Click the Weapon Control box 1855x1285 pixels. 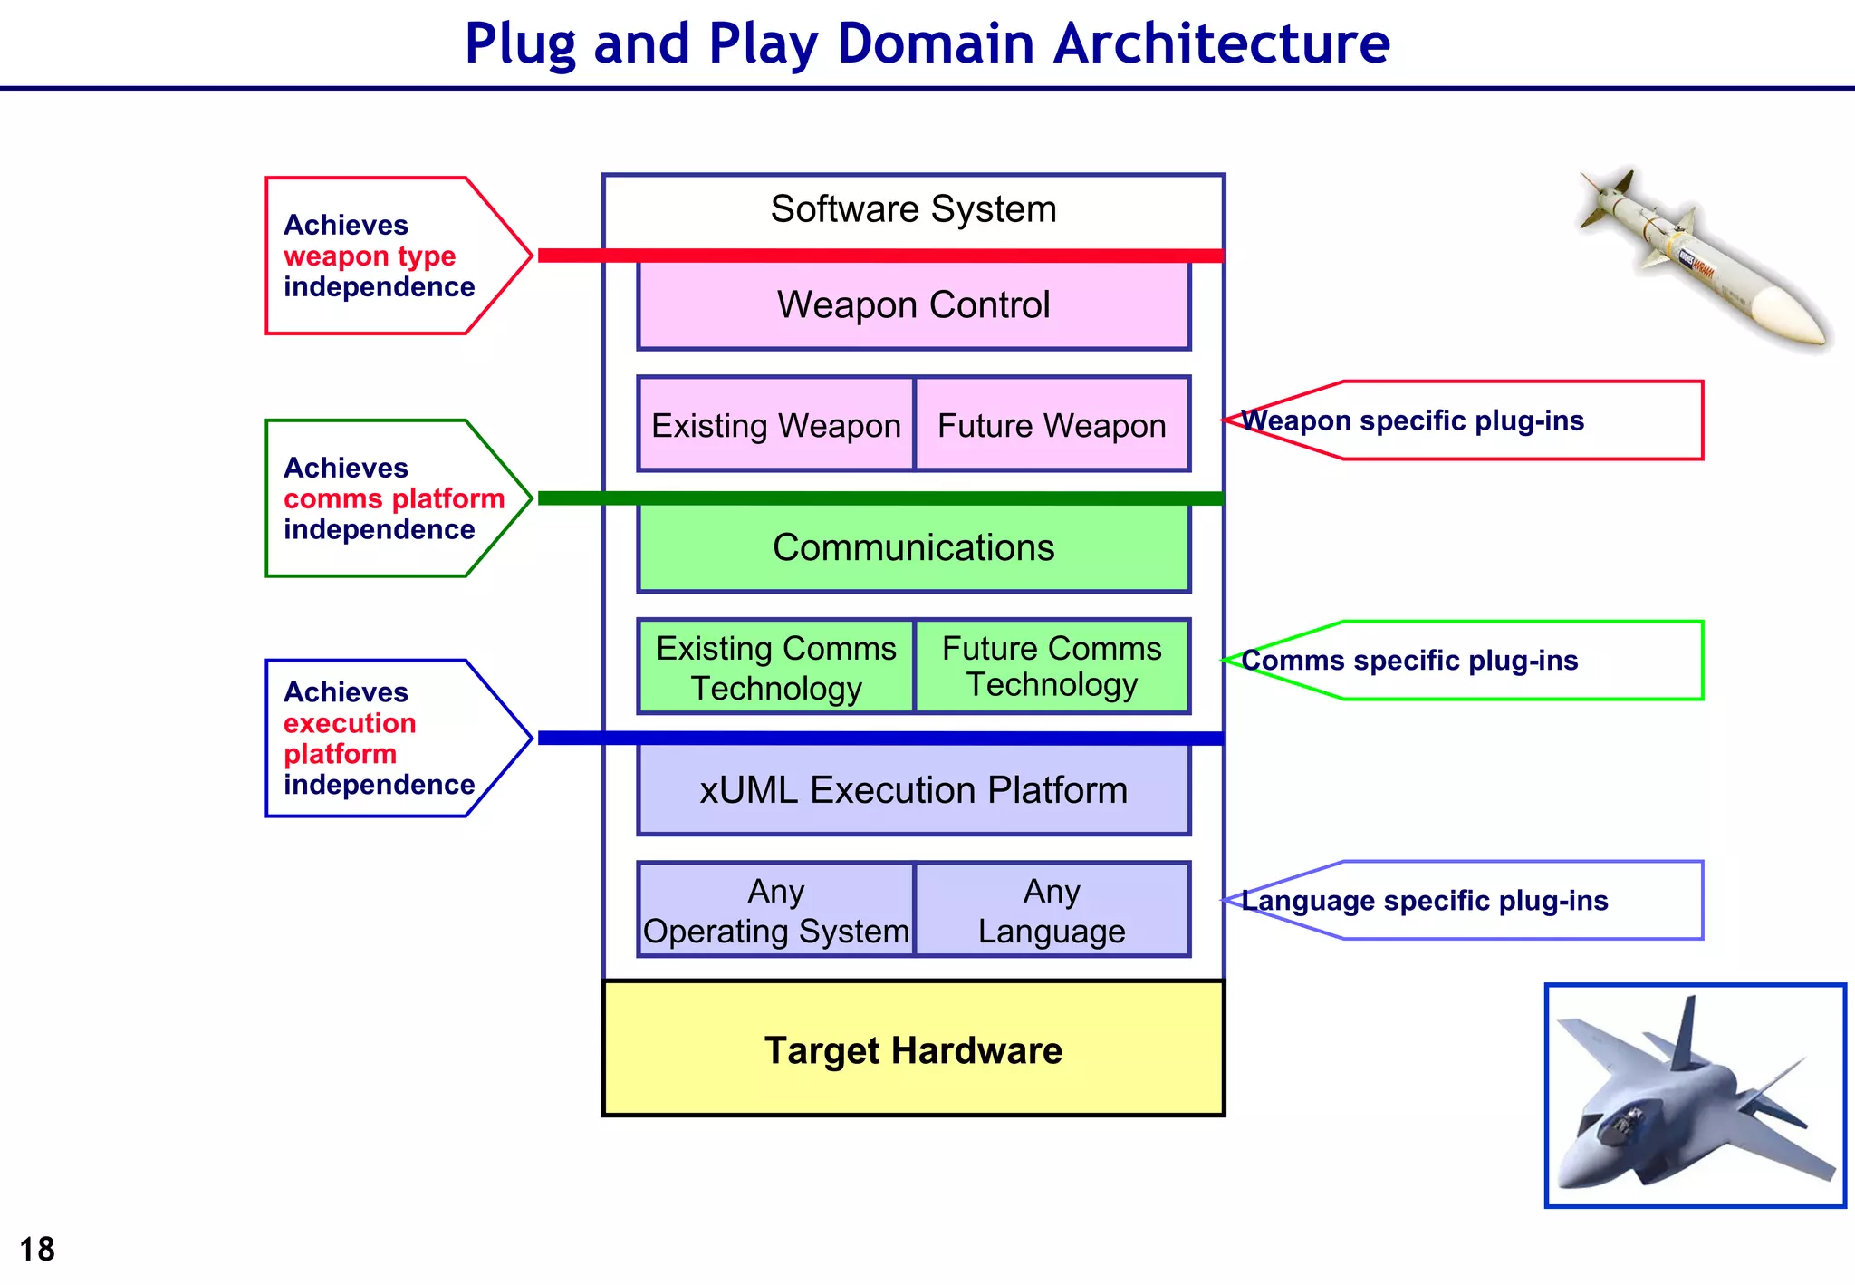tap(913, 305)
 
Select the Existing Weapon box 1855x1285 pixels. tap(776, 425)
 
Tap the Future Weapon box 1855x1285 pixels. tap(1052, 425)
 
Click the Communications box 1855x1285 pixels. tap(913, 547)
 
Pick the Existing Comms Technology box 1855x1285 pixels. tap(776, 668)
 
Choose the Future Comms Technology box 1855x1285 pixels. tap(1052, 666)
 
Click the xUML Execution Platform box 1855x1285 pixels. tap(913, 790)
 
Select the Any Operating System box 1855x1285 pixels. tap(776, 911)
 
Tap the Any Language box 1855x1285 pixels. tap(1052, 911)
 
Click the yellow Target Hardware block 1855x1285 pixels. tap(913, 1049)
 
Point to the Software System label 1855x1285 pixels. tap(913, 209)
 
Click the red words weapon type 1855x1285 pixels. tap(370, 256)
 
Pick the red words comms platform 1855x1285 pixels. tap(394, 498)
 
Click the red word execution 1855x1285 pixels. tap(350, 723)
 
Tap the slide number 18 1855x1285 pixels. tap(37, 1250)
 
